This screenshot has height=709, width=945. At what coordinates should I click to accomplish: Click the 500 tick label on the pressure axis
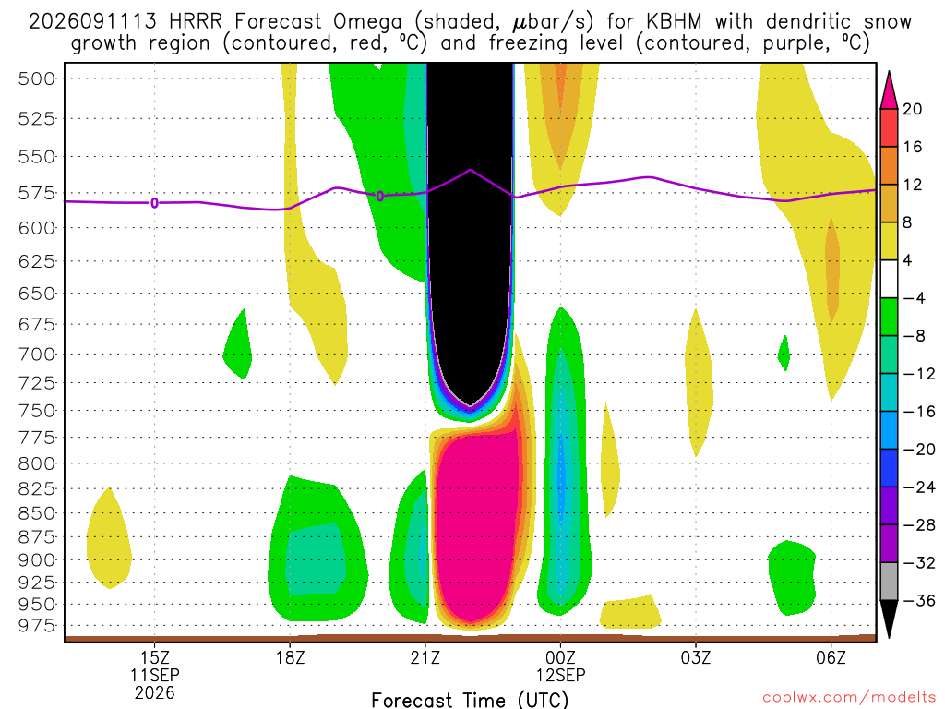[x=36, y=79]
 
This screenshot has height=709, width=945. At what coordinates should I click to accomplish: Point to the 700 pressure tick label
[x=36, y=354]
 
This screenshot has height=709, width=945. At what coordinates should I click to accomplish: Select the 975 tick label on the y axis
[x=36, y=626]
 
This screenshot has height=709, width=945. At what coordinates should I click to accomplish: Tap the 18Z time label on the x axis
[x=290, y=657]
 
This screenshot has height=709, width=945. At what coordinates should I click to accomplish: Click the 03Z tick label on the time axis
[x=696, y=657]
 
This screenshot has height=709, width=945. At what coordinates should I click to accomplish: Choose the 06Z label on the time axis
[x=831, y=657]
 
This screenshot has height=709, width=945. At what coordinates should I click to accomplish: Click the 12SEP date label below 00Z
[x=560, y=675]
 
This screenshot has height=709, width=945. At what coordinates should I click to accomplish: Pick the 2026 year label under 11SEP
[x=155, y=692]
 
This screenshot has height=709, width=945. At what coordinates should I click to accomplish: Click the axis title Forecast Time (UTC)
[x=470, y=700]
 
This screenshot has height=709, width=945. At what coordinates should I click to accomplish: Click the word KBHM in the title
[x=674, y=22]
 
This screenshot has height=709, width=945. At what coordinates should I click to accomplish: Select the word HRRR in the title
[x=197, y=22]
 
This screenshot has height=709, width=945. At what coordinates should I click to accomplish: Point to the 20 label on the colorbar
[x=912, y=109]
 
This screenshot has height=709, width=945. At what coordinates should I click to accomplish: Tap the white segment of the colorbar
[x=889, y=279]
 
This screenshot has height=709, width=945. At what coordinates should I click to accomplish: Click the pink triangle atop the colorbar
[x=889, y=90]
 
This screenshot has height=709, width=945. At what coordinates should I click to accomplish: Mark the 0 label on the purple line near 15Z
[x=155, y=203]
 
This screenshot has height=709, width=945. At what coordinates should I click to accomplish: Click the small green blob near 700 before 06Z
[x=784, y=354]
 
